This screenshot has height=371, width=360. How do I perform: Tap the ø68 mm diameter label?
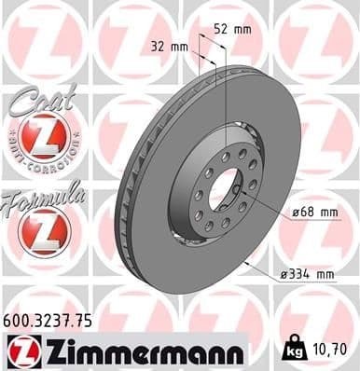coord(315,213)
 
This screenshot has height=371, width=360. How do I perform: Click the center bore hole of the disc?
coord(225,191)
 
